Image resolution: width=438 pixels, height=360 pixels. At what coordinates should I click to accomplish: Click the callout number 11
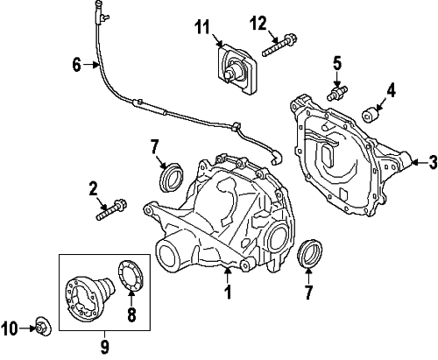pyautogui.click(x=202, y=27)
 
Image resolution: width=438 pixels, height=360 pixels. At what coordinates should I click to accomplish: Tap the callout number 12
pyautogui.click(x=258, y=24)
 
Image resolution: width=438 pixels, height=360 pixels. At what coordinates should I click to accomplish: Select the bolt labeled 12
pyautogui.click(x=279, y=46)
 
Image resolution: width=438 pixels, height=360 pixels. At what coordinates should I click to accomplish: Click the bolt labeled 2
pyautogui.click(x=111, y=209)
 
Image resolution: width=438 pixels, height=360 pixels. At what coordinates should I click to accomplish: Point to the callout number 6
pyautogui.click(x=76, y=65)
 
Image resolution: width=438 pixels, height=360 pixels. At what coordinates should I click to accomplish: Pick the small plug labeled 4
pyautogui.click(x=370, y=114)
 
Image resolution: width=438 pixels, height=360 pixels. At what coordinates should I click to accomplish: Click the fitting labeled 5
pyautogui.click(x=337, y=92)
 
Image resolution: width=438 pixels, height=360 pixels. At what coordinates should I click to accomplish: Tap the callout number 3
pyautogui.click(x=433, y=162)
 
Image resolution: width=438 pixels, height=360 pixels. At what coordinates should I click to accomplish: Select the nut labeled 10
pyautogui.click(x=44, y=326)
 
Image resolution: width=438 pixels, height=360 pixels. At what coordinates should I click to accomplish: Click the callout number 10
pyautogui.click(x=10, y=328)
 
